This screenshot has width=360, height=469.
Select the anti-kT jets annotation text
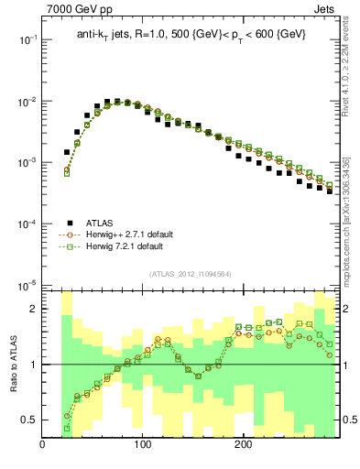pos(191,34)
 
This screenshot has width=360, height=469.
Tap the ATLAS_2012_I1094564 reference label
pos(191,274)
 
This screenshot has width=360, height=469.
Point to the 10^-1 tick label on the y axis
pos(26,40)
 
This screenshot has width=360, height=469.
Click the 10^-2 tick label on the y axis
pos(26,102)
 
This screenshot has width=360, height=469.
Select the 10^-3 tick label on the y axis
pos(26,163)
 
